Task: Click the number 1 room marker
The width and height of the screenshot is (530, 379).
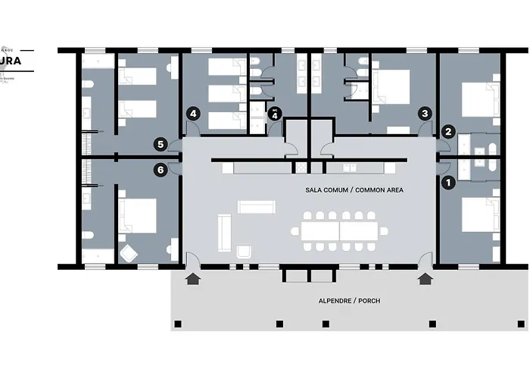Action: click(x=447, y=181)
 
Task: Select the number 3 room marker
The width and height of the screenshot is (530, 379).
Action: click(x=426, y=113)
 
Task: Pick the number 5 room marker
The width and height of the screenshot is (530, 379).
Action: click(x=161, y=143)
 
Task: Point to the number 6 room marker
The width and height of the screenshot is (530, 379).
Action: click(x=161, y=170)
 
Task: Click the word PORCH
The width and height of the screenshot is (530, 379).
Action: click(x=369, y=301)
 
